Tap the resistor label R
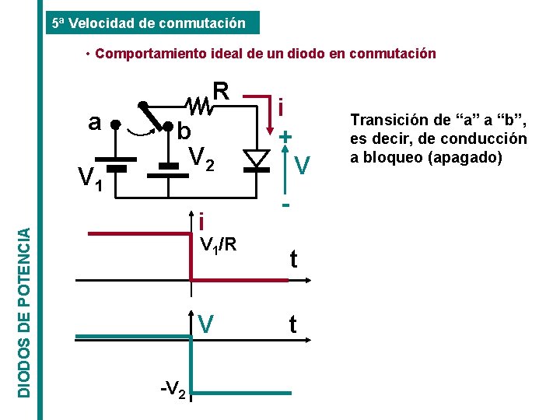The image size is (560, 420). coord(221,92)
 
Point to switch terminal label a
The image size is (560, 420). coord(95,123)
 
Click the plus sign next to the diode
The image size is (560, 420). coord(286,136)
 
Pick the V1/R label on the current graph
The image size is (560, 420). coord(219,246)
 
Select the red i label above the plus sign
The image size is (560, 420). coord(285,107)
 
